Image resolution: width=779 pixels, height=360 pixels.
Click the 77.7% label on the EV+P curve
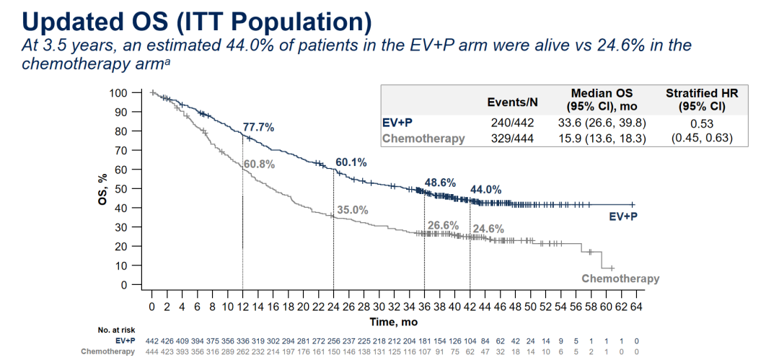click(x=258, y=127)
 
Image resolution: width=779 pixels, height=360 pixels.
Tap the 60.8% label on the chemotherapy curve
click(x=260, y=164)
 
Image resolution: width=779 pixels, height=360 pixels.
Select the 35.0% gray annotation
click(x=353, y=211)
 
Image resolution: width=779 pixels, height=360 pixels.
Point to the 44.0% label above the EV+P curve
click(x=486, y=190)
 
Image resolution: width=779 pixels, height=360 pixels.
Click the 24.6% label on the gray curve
click(x=488, y=229)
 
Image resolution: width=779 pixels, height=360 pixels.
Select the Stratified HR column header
click(x=702, y=100)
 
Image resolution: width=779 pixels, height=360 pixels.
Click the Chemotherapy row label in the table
click(x=423, y=139)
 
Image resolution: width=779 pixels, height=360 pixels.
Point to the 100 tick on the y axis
click(x=119, y=93)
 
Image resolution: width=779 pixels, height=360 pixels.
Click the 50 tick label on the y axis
click(x=122, y=189)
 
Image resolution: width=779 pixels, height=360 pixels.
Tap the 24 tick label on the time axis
click(x=333, y=307)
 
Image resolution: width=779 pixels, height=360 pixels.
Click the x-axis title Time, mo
click(x=394, y=322)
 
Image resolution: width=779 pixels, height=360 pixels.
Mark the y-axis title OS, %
click(x=102, y=189)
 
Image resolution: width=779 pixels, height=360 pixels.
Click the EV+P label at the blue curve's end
click(x=623, y=216)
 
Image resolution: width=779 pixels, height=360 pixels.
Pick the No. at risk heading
click(x=116, y=330)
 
